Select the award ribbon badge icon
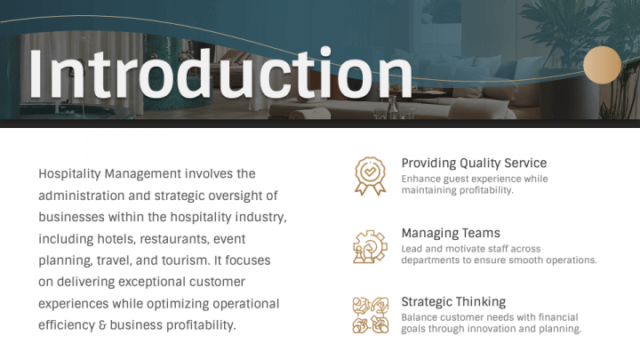pyautogui.click(x=369, y=175)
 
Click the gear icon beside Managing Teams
pyautogui.click(x=369, y=245)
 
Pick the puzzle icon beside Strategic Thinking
pyautogui.click(x=369, y=314)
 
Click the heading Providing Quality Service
pyautogui.click(x=474, y=164)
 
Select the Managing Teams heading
pyautogui.click(x=451, y=233)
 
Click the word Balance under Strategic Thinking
pyautogui.click(x=420, y=317)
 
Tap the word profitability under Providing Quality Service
pyautogui.click(x=481, y=190)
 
